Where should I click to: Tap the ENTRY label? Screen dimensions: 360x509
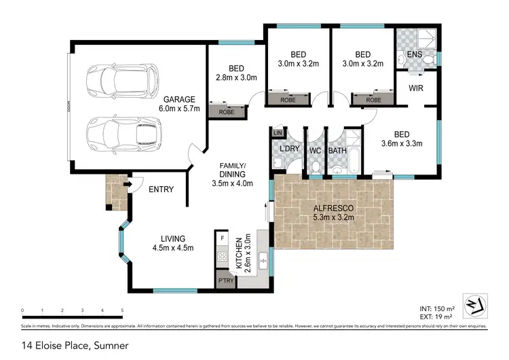click(x=161, y=190)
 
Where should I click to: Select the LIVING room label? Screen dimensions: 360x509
click(x=173, y=238)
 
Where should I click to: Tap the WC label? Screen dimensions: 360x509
click(x=315, y=150)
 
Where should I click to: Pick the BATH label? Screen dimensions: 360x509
click(x=337, y=150)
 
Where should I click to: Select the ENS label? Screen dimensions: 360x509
click(x=415, y=54)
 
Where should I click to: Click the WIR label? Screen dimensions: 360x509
click(x=417, y=88)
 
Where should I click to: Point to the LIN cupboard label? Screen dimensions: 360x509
click(x=276, y=132)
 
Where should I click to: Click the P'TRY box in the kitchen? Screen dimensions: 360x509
click(x=223, y=280)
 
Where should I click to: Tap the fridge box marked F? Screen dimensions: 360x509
click(x=222, y=239)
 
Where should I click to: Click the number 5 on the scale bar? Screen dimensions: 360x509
click(x=122, y=310)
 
